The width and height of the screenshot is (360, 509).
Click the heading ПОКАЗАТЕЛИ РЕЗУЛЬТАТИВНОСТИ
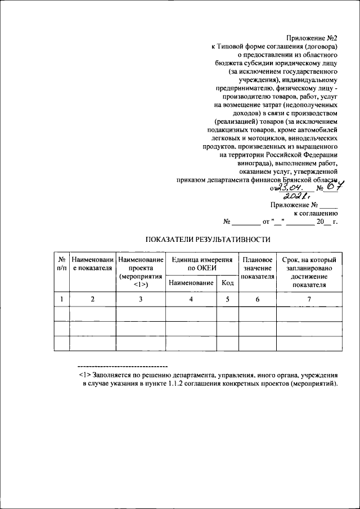(x=208, y=240)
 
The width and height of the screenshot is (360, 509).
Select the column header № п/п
(x=61, y=264)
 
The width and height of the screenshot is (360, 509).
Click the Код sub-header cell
(x=227, y=282)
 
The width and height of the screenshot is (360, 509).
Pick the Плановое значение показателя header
(x=258, y=268)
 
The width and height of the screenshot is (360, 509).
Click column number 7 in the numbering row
(x=309, y=299)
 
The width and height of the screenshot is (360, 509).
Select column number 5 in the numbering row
(x=227, y=299)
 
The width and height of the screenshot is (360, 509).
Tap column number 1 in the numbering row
(x=61, y=299)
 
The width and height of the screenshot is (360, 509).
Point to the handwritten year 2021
(x=298, y=197)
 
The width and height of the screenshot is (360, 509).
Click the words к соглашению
(x=315, y=214)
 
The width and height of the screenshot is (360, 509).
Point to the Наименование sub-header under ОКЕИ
(x=191, y=282)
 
